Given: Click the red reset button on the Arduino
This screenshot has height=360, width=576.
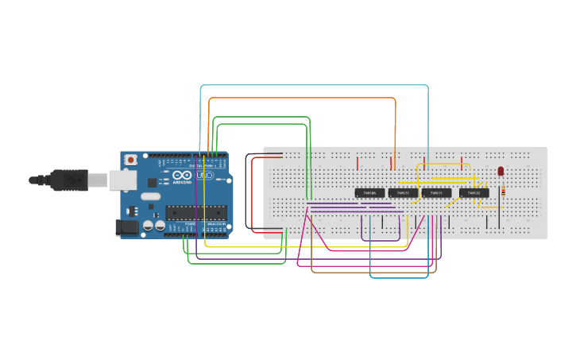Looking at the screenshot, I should [130, 160].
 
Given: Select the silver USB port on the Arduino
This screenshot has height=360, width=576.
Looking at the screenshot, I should [122, 181].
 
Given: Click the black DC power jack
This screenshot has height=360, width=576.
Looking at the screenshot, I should [127, 227].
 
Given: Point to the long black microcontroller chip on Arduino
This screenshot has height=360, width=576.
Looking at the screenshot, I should [195, 212].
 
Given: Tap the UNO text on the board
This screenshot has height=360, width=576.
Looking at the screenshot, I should [204, 175].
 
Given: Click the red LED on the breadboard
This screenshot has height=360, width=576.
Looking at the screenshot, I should [501, 171].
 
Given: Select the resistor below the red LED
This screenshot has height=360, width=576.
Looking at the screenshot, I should [504, 191].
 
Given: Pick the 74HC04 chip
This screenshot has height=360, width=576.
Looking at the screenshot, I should [369, 193].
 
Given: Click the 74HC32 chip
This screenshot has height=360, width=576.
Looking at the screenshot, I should [474, 193].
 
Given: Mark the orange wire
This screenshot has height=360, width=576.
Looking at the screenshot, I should [302, 99].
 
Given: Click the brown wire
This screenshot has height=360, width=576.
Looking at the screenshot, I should [373, 272].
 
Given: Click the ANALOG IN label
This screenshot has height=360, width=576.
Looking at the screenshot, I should [216, 225].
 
